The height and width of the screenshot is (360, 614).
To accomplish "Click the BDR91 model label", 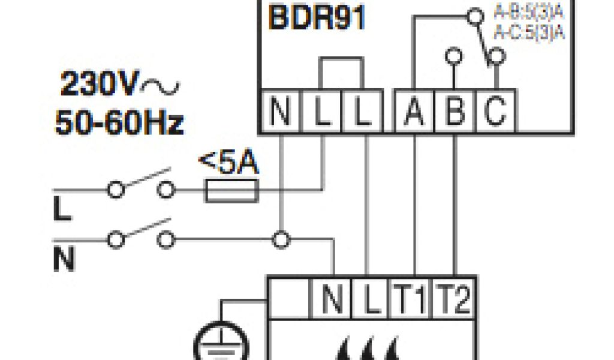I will tap(316, 19).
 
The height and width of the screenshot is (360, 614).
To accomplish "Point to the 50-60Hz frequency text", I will tap(119, 124).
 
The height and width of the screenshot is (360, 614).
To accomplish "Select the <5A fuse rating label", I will tap(228, 163).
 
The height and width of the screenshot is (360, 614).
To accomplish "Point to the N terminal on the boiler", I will tap(330, 298).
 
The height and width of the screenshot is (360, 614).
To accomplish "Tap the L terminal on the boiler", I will tap(372, 298).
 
